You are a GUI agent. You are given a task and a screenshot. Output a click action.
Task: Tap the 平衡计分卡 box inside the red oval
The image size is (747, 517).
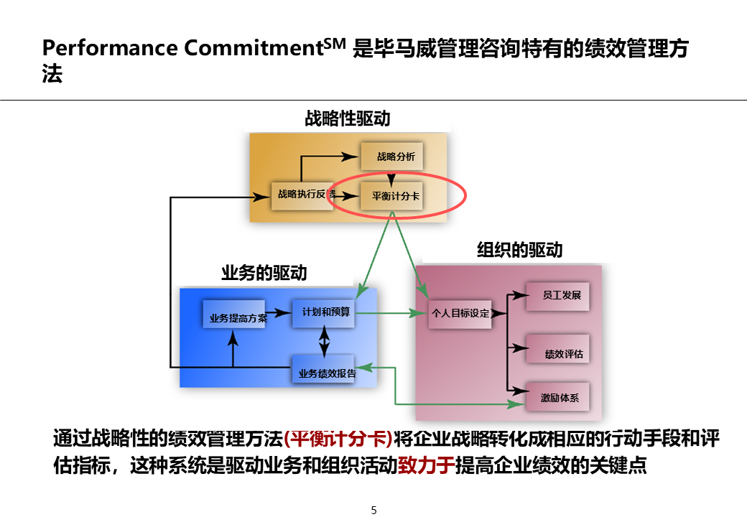pos(391,195)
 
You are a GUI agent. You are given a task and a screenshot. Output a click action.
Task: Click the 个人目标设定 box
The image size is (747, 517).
pos(460,313)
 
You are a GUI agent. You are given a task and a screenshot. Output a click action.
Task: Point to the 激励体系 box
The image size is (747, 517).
pos(558,396)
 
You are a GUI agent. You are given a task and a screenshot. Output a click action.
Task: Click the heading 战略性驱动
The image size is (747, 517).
pos(348,118)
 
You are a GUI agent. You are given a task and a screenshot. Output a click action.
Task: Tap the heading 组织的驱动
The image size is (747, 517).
pos(520,250)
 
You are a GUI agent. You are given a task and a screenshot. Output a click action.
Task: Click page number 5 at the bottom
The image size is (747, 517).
pos(373,511)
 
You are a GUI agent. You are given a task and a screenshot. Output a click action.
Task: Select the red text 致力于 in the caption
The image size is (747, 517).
pos(427,465)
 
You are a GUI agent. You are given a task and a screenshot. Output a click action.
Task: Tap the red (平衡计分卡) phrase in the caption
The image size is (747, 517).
pos(338,438)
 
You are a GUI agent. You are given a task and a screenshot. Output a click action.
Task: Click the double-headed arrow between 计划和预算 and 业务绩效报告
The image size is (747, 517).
pos(325,341)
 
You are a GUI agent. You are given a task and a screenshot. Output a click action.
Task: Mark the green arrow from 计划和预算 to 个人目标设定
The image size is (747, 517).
pos(391,313)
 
